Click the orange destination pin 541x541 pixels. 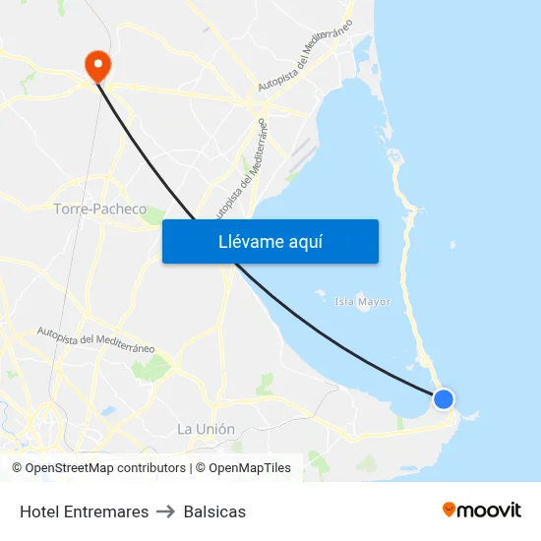tap(98, 67)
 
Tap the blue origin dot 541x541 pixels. tap(444, 398)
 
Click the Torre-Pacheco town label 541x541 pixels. tap(100, 210)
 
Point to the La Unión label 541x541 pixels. tap(206, 429)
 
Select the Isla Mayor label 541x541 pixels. tap(362, 302)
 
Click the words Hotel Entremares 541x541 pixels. tap(85, 511)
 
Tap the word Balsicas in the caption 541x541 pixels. tap(214, 511)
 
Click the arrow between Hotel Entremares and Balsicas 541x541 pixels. tap(166, 511)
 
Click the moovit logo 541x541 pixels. tap(482, 510)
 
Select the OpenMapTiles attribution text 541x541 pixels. tap(243, 468)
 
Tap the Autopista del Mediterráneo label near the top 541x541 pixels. tap(305, 59)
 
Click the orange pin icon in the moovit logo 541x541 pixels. tap(450, 510)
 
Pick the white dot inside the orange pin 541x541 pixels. tap(98, 64)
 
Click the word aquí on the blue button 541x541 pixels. tap(305, 242)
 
